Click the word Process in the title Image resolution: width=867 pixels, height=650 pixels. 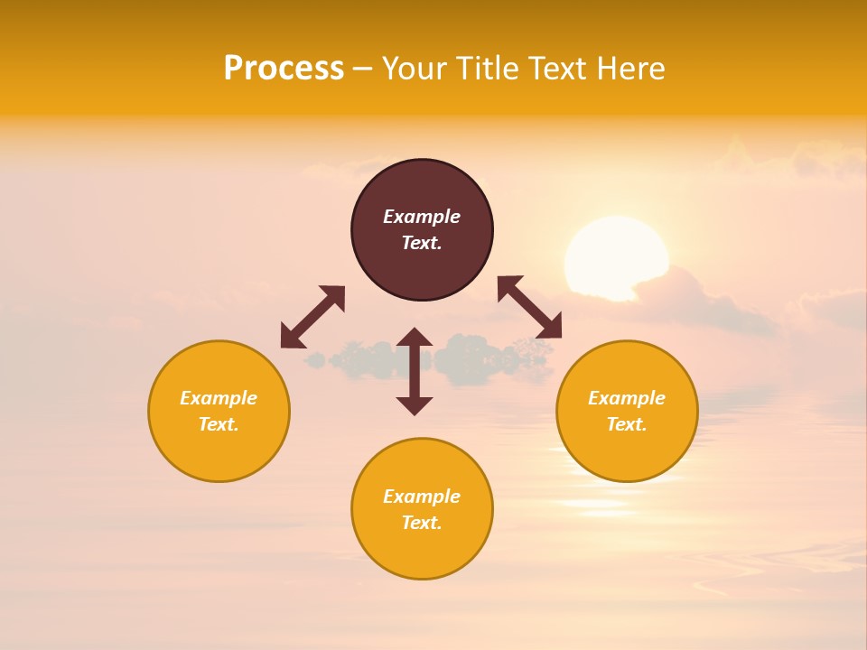[284, 69]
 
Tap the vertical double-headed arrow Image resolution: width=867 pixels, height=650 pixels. [415, 371]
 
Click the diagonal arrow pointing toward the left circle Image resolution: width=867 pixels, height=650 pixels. [312, 317]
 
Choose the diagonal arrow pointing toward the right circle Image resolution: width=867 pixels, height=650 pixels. [530, 307]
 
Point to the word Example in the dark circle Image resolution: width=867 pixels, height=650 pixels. [422, 217]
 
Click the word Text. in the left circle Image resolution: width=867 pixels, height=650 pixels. [219, 424]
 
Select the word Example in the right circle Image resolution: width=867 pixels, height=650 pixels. [627, 398]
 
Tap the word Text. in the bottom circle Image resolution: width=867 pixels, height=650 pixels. [422, 523]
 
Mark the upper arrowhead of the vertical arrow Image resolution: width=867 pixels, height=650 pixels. [415, 338]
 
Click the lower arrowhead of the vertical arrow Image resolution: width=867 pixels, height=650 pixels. [415, 405]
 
